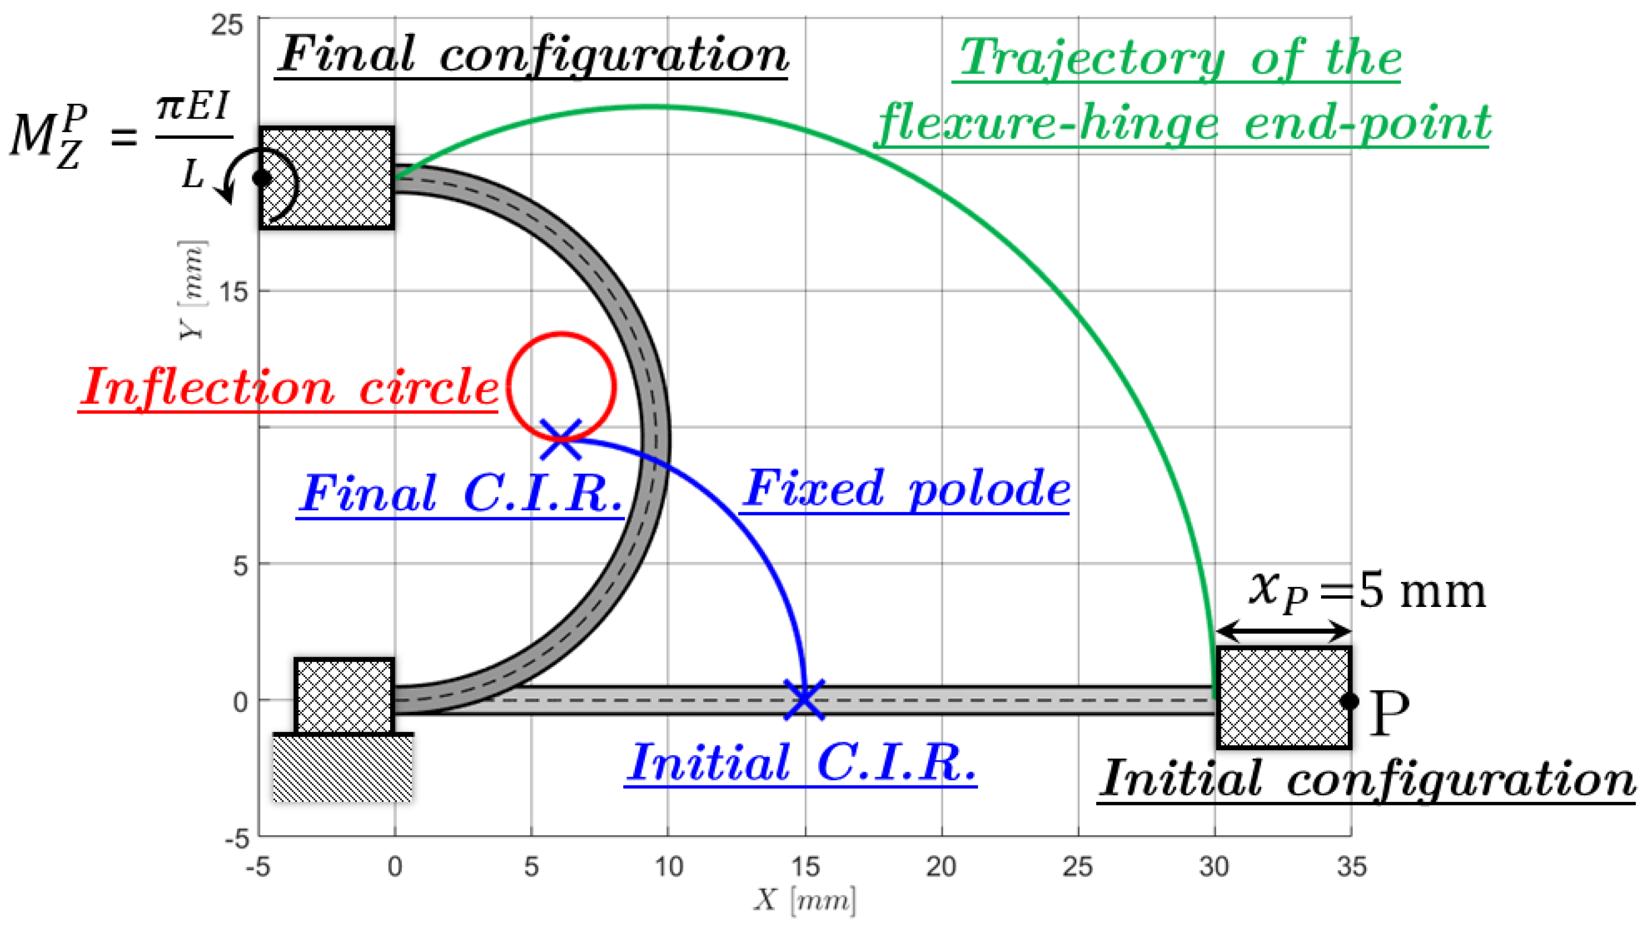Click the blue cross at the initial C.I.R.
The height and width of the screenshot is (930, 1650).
(804, 699)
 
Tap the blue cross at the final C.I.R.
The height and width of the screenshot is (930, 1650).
(560, 439)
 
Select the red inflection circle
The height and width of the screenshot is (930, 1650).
(561, 335)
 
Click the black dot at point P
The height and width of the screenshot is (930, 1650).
(1349, 701)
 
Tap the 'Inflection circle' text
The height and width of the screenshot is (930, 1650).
(288, 388)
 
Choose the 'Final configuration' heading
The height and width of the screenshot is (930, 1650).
(533, 56)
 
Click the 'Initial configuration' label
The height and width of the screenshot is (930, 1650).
(1367, 780)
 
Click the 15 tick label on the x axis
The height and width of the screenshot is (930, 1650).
(805, 867)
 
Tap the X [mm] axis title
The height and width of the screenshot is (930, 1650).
(805, 900)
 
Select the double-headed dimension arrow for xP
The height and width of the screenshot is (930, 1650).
(1283, 631)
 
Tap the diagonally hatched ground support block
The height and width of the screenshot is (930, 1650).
(343, 768)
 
